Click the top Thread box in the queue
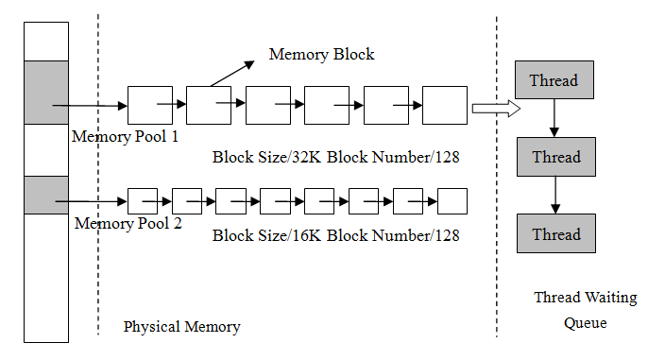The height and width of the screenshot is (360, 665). [554, 80]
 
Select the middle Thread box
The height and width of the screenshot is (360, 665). [554, 157]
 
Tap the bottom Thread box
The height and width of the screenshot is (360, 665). [554, 233]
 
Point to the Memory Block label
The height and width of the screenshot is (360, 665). [322, 54]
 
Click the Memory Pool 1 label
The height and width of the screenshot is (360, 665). [126, 136]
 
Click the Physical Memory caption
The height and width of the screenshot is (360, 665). [181, 327]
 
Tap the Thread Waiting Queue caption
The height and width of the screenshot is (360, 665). [586, 310]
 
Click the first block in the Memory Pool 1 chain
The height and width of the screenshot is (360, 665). [149, 104]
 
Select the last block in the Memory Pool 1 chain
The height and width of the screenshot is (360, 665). [444, 104]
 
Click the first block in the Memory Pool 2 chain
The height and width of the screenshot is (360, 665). [142, 201]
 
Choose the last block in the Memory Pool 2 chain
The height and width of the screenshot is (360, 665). [453, 201]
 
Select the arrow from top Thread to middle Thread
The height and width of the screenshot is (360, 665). [554, 118]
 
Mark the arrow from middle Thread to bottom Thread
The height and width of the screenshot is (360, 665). [554, 195]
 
